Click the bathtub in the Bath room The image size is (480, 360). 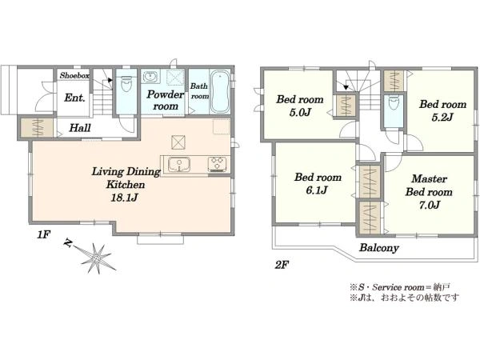coord(220,92)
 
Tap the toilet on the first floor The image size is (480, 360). coord(126,83)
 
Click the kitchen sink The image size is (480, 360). coord(179,165)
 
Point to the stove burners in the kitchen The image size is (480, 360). coord(218,164)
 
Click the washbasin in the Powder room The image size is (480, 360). coord(150,77)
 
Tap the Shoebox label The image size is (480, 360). coord(74,75)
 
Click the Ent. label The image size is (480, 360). coord(74,98)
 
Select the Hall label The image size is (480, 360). coord(80,128)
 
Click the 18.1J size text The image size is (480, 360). coord(124,198)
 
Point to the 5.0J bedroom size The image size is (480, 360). coord(300,112)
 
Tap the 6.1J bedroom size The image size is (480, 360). coord(317,190)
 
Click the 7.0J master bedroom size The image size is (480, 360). coord(430,205)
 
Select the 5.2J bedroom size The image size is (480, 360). coord(442,118)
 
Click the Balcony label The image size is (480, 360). coord(379,248)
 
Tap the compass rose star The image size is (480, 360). coord(97,259)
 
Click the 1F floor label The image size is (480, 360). coord(43,235)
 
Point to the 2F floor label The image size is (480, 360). coord(282,265)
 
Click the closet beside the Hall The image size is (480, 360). coord(37,127)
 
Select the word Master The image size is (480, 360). coord(429,178)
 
